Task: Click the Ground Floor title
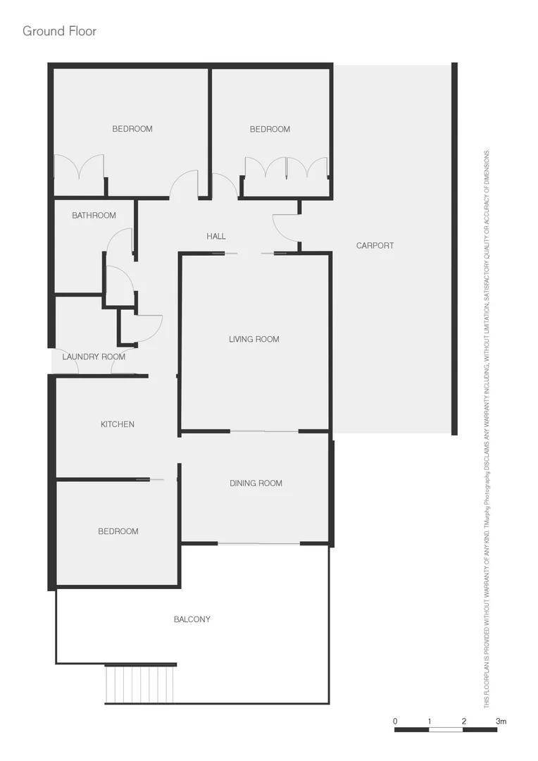coord(59,31)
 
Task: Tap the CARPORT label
coord(375,246)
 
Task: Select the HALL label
coord(216,236)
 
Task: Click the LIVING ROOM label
coord(254,340)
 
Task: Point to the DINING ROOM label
coord(256,483)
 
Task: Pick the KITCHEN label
coord(117,424)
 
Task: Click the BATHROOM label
coord(94,216)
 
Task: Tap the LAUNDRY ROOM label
coord(94,357)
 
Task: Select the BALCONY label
coord(192,619)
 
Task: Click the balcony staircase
coord(140,683)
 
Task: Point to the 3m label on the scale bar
coord(501,722)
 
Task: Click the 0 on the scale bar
coord(395,722)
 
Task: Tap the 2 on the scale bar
coord(464,722)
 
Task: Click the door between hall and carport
coord(286,227)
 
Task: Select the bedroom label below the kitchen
coord(118,531)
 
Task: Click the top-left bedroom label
coord(132,129)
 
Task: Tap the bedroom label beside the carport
coord(270,129)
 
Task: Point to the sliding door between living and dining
coord(264,431)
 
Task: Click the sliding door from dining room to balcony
coord(258,543)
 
